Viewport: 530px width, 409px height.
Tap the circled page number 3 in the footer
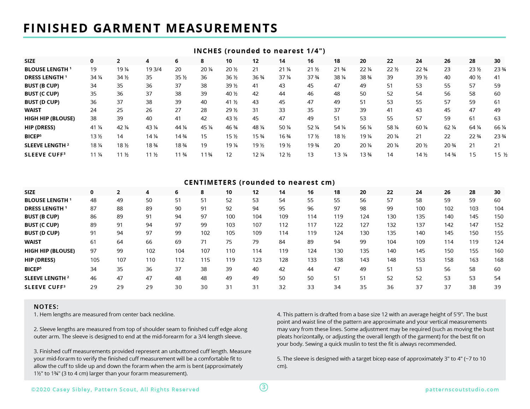click(264, 387)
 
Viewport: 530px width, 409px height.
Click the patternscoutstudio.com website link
click(462, 390)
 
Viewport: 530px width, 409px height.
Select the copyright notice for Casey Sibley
click(115, 390)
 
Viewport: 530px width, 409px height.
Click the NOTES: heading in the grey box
click(46, 307)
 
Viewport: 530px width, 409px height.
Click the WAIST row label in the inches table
click(33, 110)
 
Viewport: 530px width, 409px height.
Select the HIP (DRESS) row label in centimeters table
click(40, 260)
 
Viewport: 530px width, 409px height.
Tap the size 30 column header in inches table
click(497, 61)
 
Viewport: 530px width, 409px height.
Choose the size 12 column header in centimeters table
click(255, 192)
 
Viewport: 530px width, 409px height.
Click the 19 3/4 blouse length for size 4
click(154, 70)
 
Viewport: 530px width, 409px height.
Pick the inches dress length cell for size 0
click(96, 77)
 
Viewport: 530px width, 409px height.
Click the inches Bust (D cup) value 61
click(497, 102)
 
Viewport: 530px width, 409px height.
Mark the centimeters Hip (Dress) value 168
click(499, 260)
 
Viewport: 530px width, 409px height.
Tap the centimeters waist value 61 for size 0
click(93, 242)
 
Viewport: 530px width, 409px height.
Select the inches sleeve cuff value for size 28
click(472, 155)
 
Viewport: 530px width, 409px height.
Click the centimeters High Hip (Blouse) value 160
click(499, 251)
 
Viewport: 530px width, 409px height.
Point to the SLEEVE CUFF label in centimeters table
click(45, 287)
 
